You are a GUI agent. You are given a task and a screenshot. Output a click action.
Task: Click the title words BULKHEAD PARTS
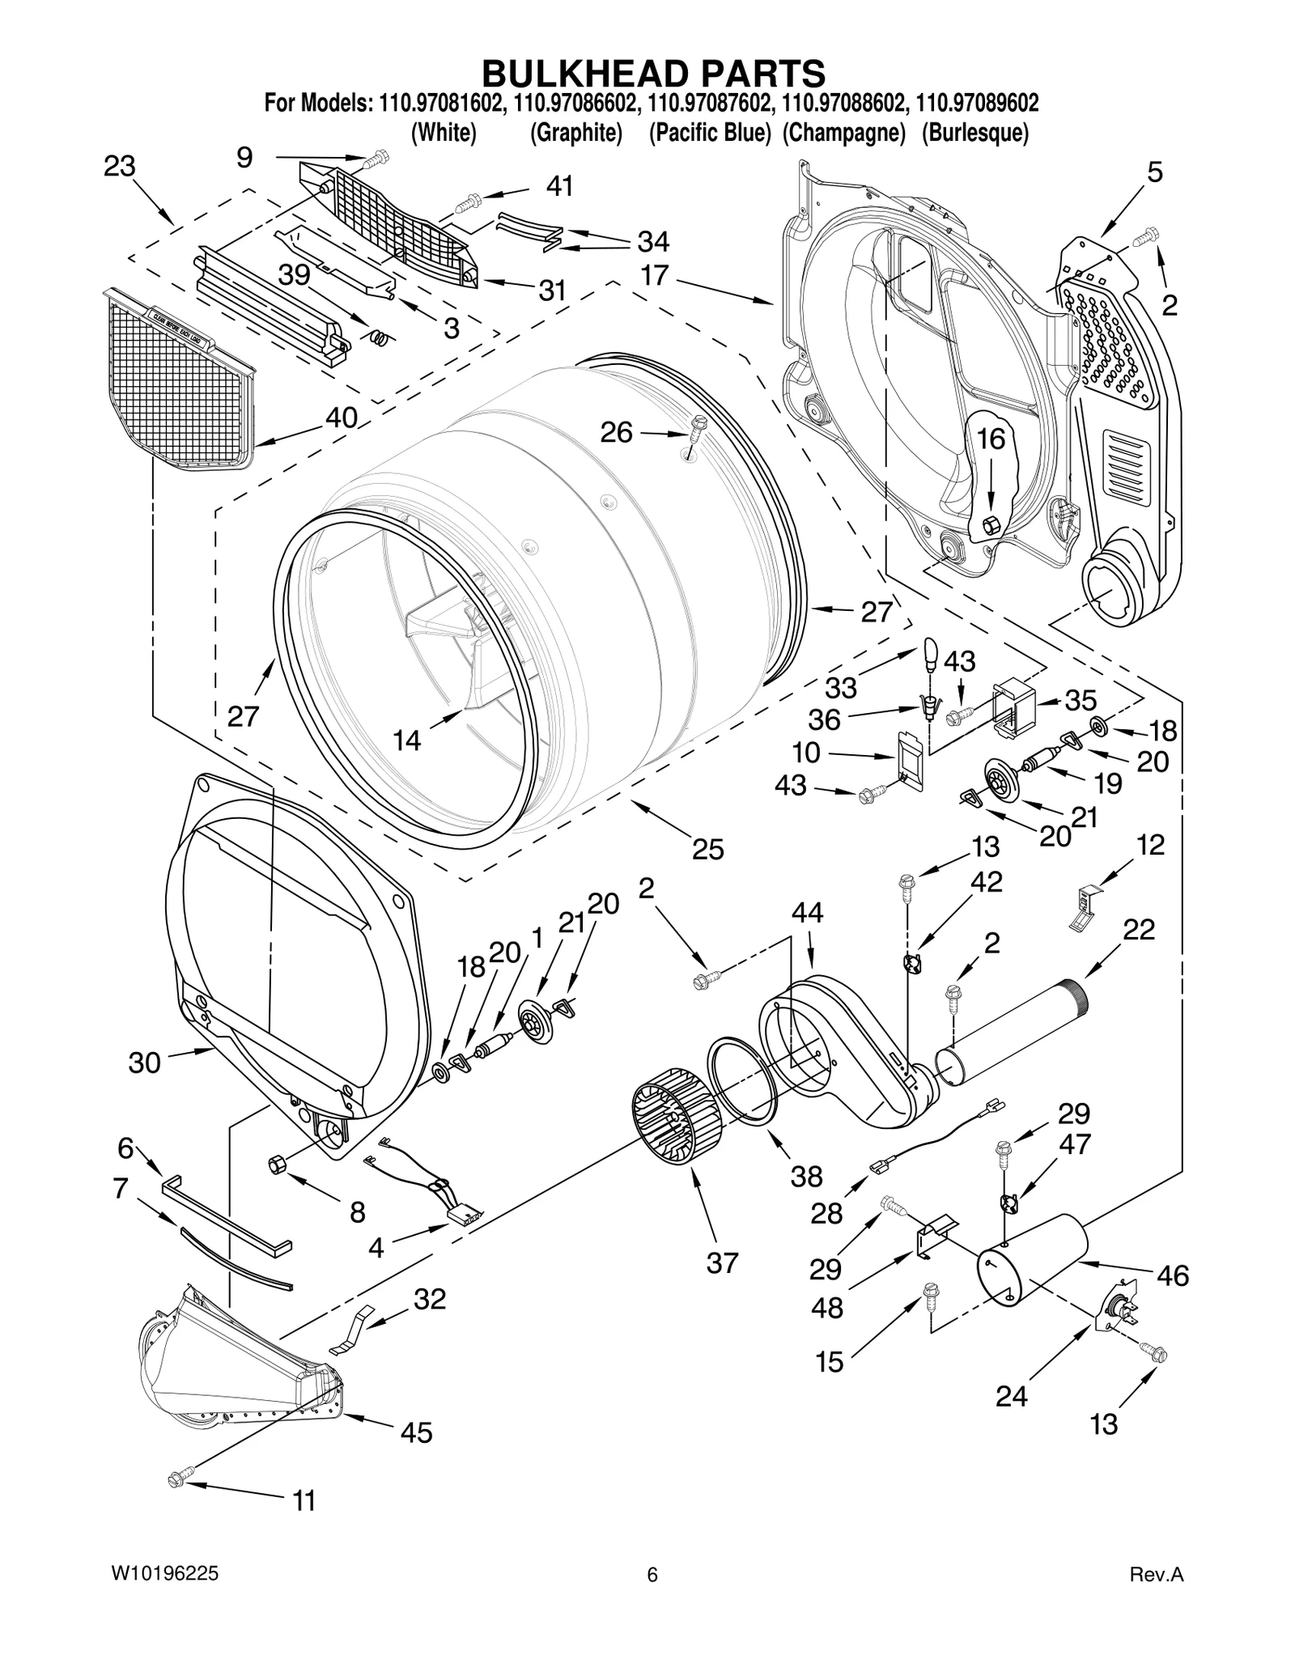coord(653,73)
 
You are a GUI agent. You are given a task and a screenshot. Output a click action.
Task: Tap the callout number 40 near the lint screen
coord(341,418)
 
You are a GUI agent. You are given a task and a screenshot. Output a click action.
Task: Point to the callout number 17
coord(654,275)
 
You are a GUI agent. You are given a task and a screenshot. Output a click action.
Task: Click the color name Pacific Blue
coord(710,133)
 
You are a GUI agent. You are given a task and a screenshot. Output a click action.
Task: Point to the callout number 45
coord(416,1433)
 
